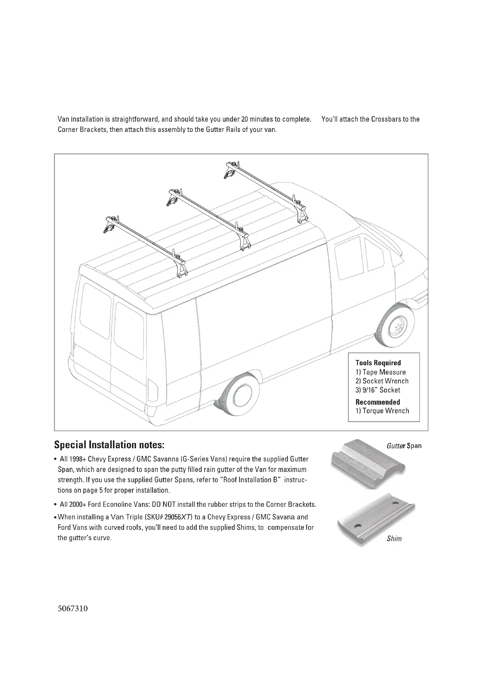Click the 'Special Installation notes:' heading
click(x=109, y=445)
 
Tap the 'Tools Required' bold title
click(x=378, y=363)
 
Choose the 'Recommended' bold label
click(x=377, y=402)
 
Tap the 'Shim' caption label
click(x=394, y=539)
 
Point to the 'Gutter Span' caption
click(x=404, y=446)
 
